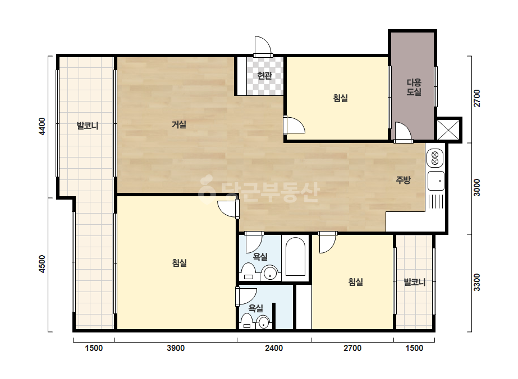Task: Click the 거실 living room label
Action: point(179,124)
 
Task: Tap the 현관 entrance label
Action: point(265,76)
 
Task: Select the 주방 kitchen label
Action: point(403,179)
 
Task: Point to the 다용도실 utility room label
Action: point(414,87)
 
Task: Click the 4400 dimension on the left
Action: point(42,126)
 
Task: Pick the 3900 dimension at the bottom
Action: point(176,348)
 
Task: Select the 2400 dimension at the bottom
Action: point(274,348)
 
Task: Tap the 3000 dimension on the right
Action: point(476,187)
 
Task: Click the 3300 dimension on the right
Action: point(476,282)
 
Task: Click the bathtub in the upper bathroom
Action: point(295,257)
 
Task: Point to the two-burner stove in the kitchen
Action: point(435,159)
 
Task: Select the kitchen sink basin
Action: point(436,181)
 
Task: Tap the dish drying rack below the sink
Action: point(436,201)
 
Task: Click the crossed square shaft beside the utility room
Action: point(448,130)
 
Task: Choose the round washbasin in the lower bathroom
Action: point(263,322)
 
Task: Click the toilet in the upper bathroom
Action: point(248,271)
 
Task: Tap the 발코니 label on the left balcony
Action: point(88,126)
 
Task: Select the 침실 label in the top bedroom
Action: point(340,98)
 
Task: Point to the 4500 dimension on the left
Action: point(42,264)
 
